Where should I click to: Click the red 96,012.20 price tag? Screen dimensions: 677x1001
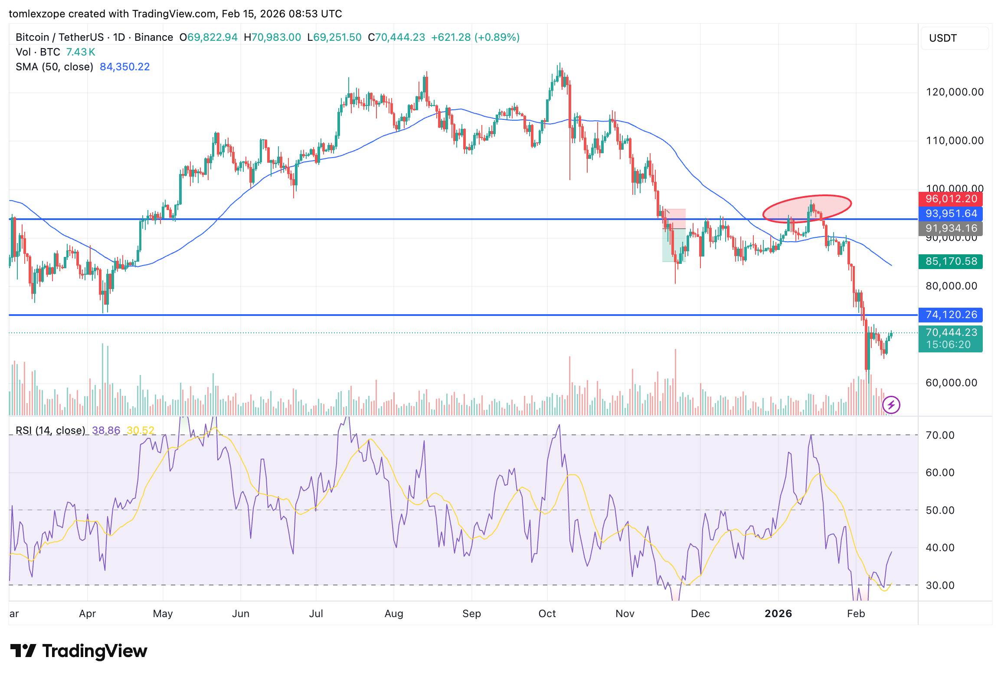951,199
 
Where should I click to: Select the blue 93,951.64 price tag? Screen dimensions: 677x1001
951,214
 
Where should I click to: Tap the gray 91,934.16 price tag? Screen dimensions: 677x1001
951,228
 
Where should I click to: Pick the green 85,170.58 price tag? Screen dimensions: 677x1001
951,261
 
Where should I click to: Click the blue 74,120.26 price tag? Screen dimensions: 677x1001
951,315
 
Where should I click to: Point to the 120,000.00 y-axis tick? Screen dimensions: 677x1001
955,92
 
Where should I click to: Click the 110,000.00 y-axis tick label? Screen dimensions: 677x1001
955,141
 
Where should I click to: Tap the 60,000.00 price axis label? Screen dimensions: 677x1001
951,383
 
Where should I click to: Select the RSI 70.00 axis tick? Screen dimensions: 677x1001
940,435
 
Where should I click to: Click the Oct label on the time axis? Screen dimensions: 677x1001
547,614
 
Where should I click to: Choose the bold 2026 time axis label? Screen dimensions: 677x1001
778,614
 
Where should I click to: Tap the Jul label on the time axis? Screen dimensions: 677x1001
316,614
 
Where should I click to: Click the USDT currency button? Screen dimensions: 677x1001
954,38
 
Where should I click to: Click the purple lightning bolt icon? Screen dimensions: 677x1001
891,405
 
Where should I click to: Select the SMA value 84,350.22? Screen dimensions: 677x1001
124,67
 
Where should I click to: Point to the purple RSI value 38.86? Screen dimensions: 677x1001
106,431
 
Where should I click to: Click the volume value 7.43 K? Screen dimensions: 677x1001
80,52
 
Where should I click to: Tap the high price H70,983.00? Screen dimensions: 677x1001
272,37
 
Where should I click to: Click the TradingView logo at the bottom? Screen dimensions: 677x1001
79,651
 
